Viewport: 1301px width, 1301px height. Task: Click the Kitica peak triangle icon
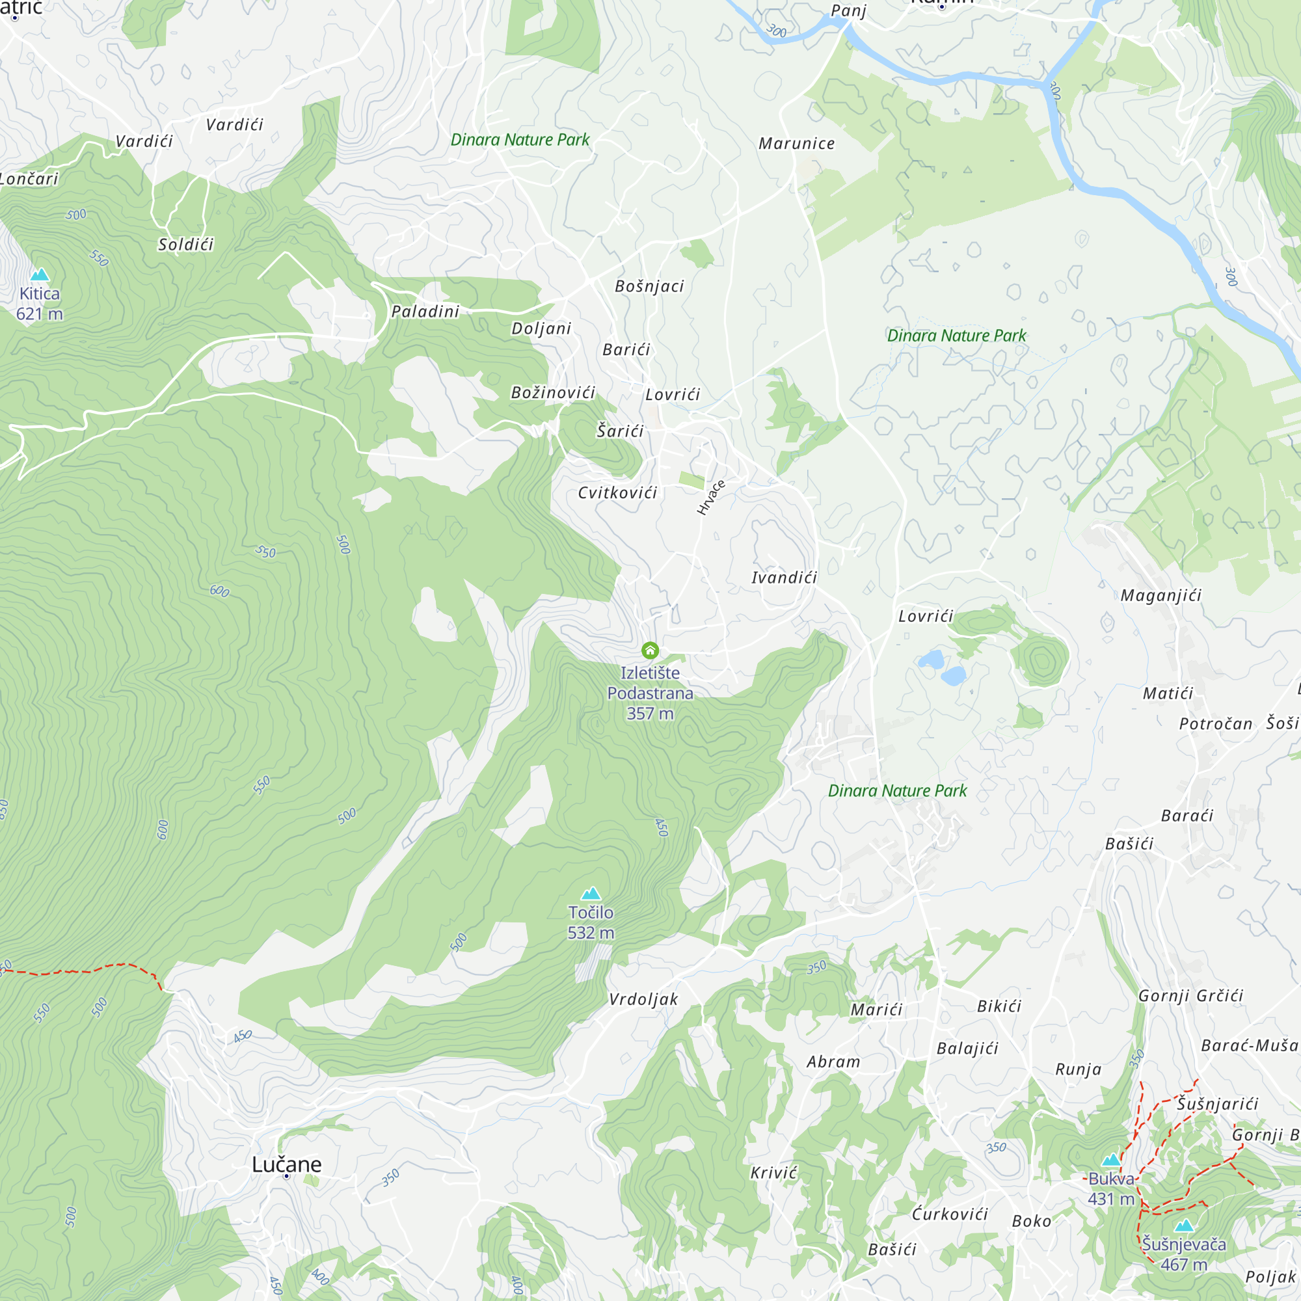(x=40, y=274)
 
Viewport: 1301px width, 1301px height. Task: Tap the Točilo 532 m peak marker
(x=591, y=894)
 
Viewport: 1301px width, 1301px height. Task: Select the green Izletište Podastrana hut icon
(x=650, y=650)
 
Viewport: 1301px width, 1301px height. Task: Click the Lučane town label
(x=287, y=1164)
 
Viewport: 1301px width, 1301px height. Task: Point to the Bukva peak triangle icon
(x=1111, y=1160)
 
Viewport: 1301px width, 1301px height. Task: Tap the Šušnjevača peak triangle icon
(x=1185, y=1226)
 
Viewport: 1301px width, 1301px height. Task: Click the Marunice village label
(x=797, y=143)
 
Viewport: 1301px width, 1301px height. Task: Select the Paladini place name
(x=425, y=311)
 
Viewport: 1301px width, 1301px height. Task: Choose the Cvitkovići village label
(x=617, y=493)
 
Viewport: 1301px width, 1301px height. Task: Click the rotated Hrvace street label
(x=711, y=498)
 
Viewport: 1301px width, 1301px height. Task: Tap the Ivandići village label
(x=784, y=577)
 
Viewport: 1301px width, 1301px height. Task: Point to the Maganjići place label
(x=1161, y=595)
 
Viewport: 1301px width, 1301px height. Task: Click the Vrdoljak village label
(x=643, y=999)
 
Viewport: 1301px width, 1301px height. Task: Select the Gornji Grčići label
(x=1190, y=996)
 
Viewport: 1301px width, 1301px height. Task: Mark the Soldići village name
(x=186, y=245)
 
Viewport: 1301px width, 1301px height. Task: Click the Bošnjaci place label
(x=649, y=286)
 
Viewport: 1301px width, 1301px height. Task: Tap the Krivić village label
(x=773, y=1173)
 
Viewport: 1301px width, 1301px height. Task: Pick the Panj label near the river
(x=848, y=11)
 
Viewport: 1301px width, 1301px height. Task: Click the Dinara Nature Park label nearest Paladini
(x=520, y=139)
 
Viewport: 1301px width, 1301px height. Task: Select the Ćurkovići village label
(x=950, y=1214)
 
